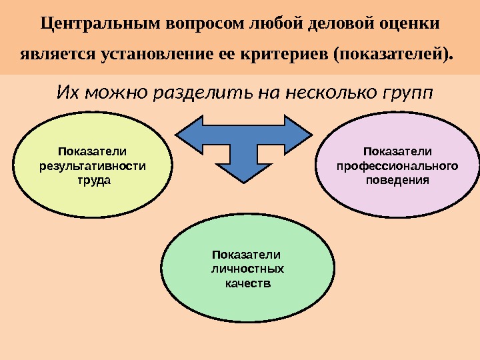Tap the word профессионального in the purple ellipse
(x=397, y=165)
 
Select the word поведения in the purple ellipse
(x=397, y=179)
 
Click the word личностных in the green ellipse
(x=247, y=269)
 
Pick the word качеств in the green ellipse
(x=247, y=283)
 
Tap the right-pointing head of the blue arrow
(x=301, y=132)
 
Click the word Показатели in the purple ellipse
(x=397, y=151)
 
